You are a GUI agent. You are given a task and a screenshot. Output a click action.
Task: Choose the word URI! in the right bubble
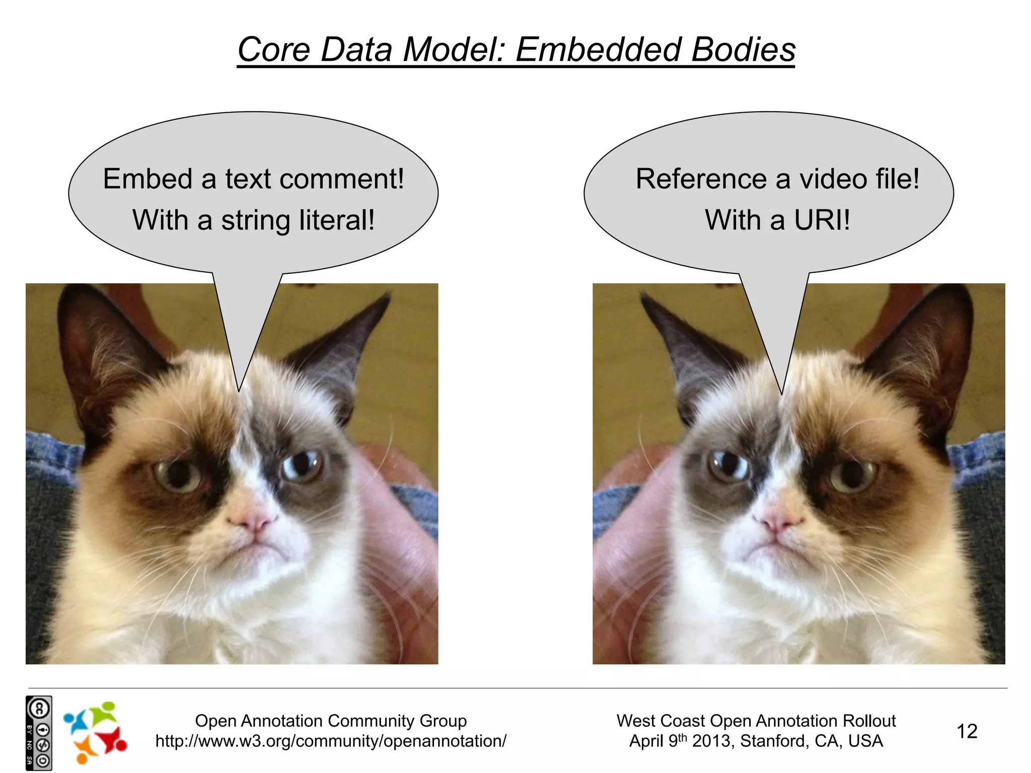point(822,220)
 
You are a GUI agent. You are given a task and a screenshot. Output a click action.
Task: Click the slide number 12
point(967,731)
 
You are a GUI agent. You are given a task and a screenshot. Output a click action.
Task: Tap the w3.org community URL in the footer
point(331,741)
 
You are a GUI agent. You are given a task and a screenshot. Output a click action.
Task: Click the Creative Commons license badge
point(39,733)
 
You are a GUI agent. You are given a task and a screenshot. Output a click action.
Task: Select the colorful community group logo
point(95,732)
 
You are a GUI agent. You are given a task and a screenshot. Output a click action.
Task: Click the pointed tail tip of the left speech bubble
point(239,391)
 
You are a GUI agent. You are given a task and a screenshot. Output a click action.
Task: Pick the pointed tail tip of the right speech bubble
point(781,393)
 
